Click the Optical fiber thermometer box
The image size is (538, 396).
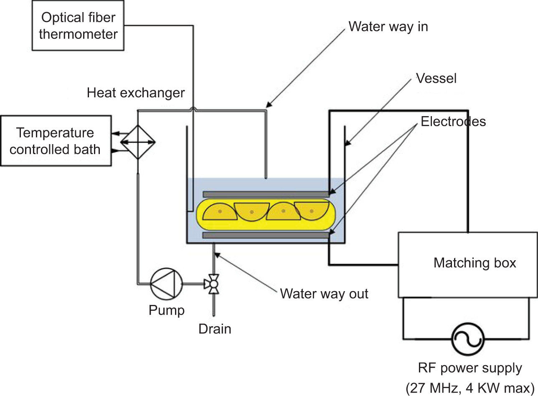(x=78, y=25)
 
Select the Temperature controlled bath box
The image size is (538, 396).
(x=56, y=141)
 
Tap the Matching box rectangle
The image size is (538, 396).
(x=467, y=264)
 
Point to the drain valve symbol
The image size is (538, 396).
(x=213, y=284)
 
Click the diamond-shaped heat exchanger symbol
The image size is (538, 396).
(x=138, y=142)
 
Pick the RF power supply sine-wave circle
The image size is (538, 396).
(x=467, y=338)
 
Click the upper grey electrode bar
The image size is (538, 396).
(x=266, y=194)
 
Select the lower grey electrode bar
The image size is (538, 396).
(x=266, y=236)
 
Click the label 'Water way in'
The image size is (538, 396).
(x=388, y=26)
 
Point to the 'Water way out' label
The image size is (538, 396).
(x=324, y=294)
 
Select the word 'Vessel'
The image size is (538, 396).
(x=436, y=78)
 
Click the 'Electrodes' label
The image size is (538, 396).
(x=453, y=122)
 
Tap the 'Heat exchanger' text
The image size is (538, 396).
(x=136, y=93)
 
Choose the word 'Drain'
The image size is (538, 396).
(x=215, y=329)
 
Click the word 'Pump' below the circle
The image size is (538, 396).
(x=167, y=310)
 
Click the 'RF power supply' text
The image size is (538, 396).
(x=470, y=368)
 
